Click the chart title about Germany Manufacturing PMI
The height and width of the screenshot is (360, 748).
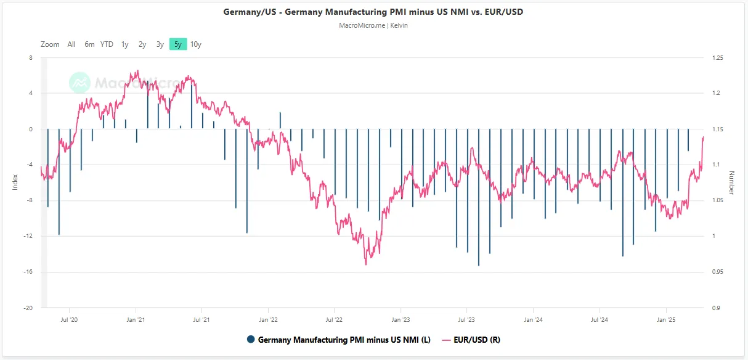pyautogui.click(x=373, y=12)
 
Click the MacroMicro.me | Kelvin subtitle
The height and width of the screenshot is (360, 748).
pyautogui.click(x=373, y=25)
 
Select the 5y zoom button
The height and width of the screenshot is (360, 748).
pyautogui.click(x=178, y=44)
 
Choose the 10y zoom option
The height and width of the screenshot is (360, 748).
pyautogui.click(x=196, y=44)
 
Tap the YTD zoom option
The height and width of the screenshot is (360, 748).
pyautogui.click(x=107, y=44)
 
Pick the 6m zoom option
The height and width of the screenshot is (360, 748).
pyautogui.click(x=89, y=44)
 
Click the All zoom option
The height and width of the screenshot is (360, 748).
pyautogui.click(x=71, y=44)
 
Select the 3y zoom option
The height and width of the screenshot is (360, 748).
pyautogui.click(x=160, y=44)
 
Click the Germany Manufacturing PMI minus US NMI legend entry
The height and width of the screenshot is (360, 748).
pyautogui.click(x=338, y=340)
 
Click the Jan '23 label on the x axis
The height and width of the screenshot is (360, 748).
pyautogui.click(x=400, y=320)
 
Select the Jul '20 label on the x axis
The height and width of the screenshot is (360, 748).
pyautogui.click(x=69, y=320)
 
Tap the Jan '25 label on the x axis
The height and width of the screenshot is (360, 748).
pyautogui.click(x=666, y=320)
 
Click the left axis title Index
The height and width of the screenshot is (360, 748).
pyautogui.click(x=15, y=182)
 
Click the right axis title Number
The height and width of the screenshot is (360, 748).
pyautogui.click(x=731, y=182)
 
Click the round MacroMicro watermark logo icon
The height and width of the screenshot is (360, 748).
pyautogui.click(x=79, y=83)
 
